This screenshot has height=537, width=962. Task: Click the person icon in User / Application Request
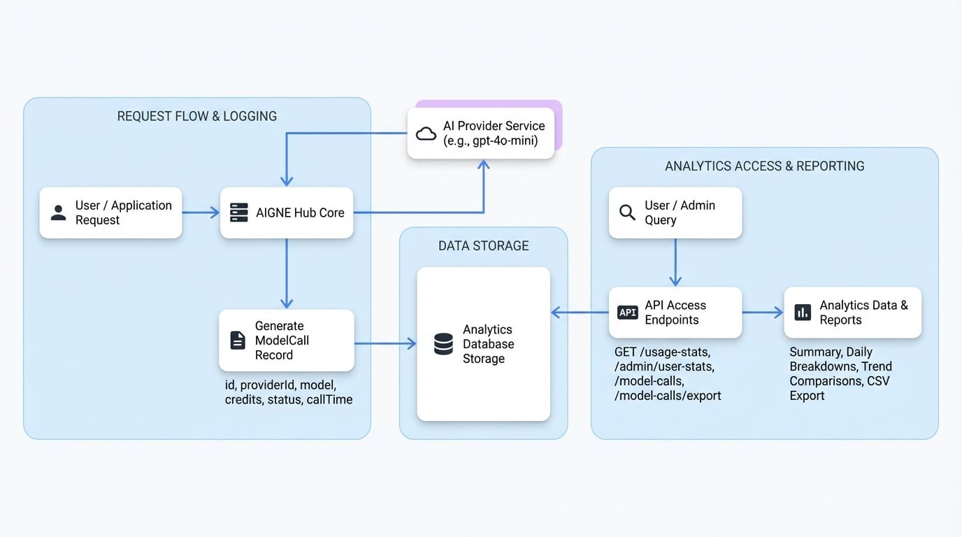[x=59, y=213]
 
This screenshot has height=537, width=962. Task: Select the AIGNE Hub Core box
[x=287, y=213]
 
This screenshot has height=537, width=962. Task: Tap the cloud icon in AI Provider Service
[x=426, y=134]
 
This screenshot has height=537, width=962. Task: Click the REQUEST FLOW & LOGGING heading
[x=196, y=116]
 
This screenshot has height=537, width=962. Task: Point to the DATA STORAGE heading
[x=483, y=245]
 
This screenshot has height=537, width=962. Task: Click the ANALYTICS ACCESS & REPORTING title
[x=764, y=166]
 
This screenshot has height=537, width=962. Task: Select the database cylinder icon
[x=443, y=344]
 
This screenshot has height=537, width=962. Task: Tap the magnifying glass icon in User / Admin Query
[x=627, y=213]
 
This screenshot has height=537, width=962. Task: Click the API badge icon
[x=627, y=313]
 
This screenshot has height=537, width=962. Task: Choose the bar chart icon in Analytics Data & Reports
[x=803, y=313]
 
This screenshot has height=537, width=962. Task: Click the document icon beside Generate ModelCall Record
[x=238, y=341]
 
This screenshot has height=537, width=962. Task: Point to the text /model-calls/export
[x=668, y=396]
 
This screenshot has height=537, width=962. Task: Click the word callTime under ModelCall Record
[x=329, y=400]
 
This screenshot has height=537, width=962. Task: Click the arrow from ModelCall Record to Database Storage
[x=385, y=343]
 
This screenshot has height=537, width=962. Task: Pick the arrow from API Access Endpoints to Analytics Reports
[x=762, y=313]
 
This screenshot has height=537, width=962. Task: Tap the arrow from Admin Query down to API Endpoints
[x=675, y=262]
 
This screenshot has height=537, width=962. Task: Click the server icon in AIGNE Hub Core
[x=239, y=213]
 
